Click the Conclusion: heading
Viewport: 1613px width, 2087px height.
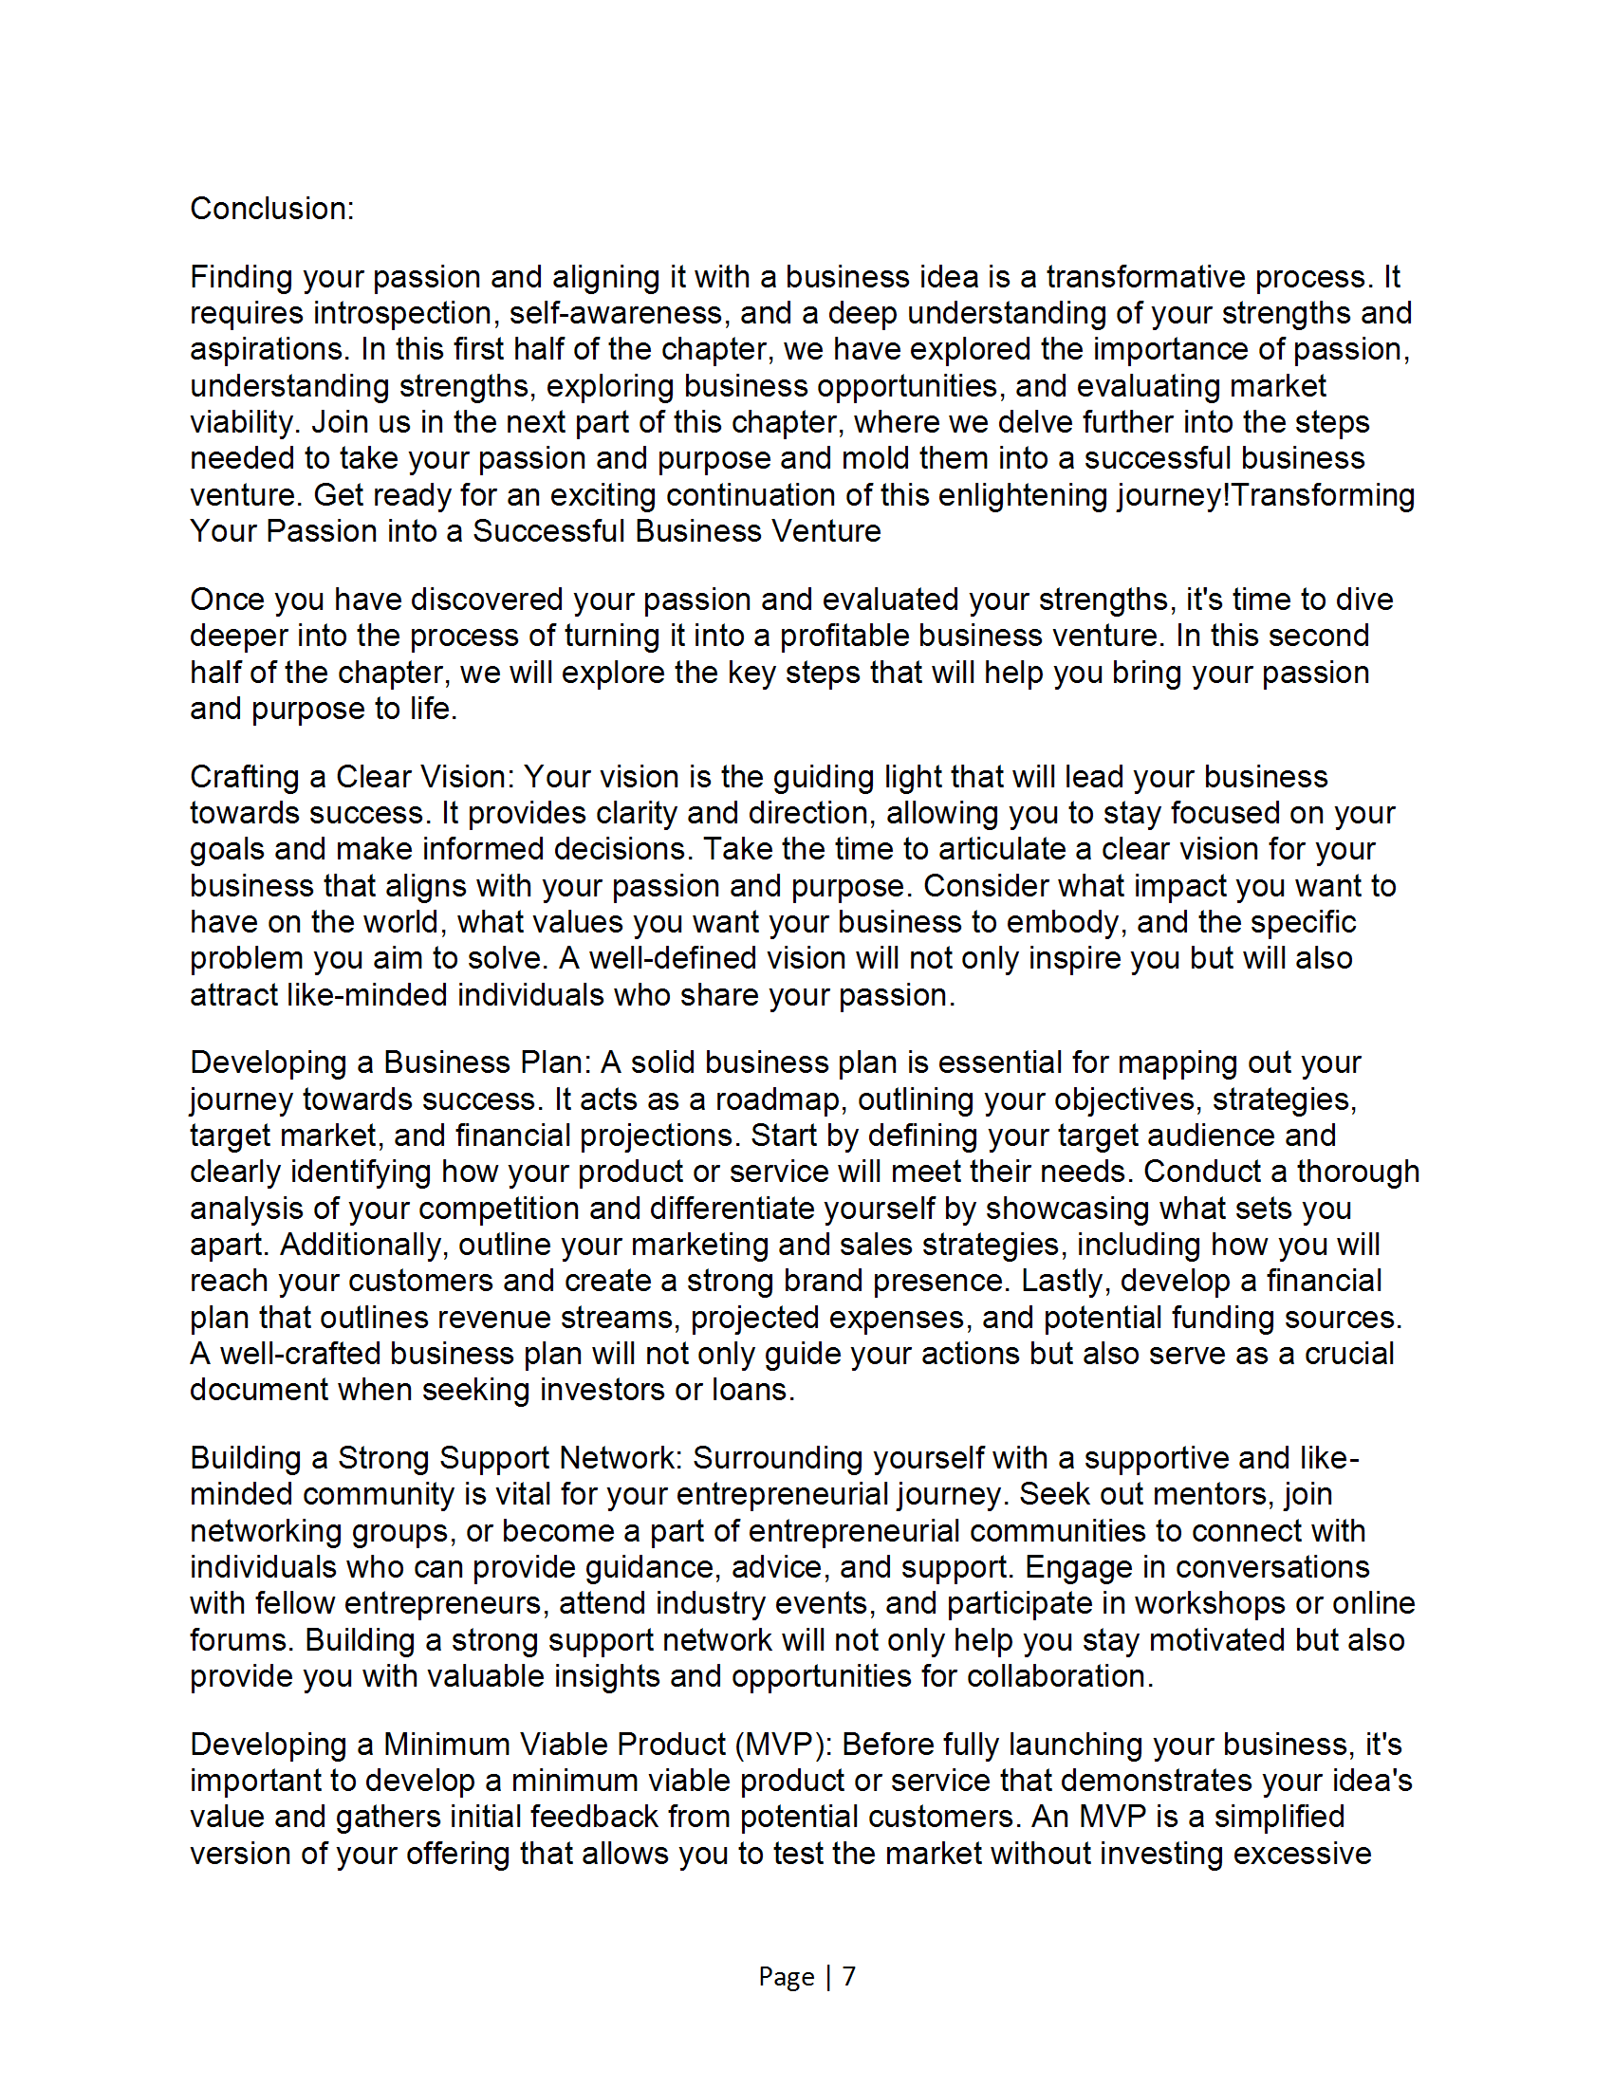(x=271, y=209)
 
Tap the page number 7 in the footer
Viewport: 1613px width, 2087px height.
(x=848, y=1975)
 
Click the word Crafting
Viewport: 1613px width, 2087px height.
(x=244, y=776)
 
